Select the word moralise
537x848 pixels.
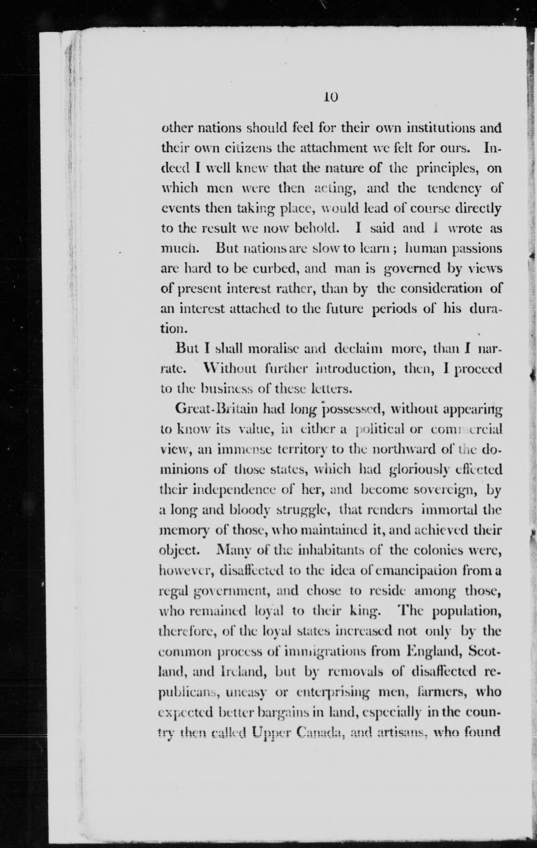(x=273, y=351)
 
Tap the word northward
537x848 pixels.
(x=404, y=449)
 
